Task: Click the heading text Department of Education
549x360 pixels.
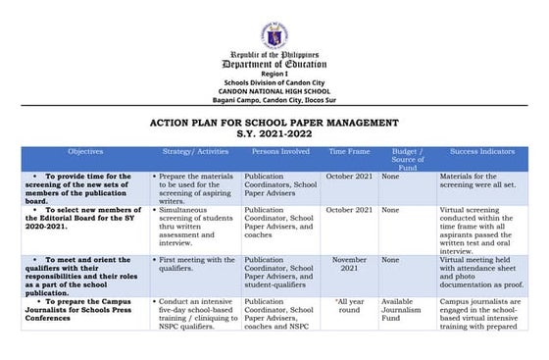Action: [x=274, y=64]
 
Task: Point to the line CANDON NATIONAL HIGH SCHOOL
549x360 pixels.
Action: [x=274, y=90]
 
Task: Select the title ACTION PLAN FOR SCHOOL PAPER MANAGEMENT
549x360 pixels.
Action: [x=274, y=123]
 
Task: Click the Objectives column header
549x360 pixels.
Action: [x=85, y=152]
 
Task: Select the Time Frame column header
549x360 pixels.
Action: [x=349, y=152]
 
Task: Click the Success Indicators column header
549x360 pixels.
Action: [x=483, y=152]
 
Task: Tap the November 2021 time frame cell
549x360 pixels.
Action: [x=349, y=265]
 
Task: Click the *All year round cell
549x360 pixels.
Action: [x=349, y=306]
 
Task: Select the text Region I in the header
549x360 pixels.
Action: [x=274, y=75]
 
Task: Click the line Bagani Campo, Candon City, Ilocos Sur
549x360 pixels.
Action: [x=274, y=99]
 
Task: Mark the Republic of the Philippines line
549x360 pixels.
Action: [x=274, y=55]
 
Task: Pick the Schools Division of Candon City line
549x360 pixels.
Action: [x=274, y=82]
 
